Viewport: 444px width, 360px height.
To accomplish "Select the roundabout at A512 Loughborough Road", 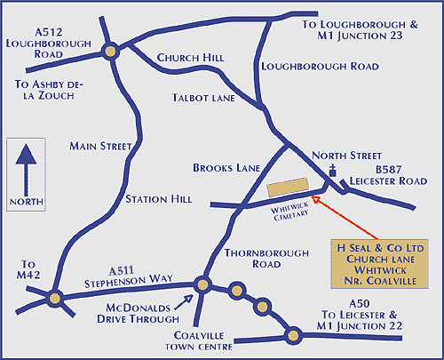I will (x=110, y=52).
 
